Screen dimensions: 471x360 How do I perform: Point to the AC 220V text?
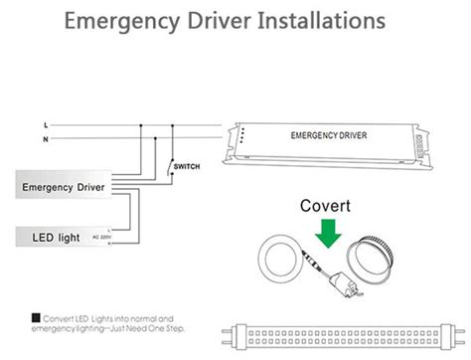pyautogui.click(x=103, y=238)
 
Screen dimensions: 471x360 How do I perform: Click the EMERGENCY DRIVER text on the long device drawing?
pyautogui.click(x=328, y=134)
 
